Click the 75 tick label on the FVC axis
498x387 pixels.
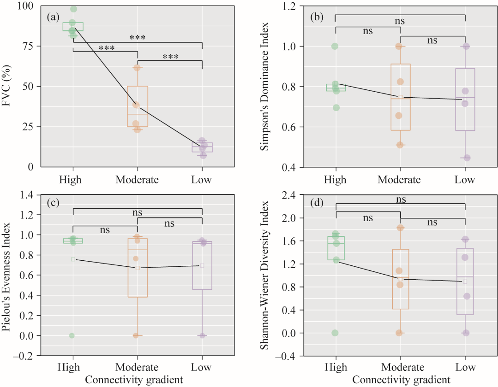coord(28,46)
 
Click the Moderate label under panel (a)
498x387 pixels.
coord(137,179)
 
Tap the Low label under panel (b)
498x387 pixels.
coord(465,179)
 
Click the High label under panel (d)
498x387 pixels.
coord(336,367)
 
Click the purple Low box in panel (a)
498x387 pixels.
coord(202,147)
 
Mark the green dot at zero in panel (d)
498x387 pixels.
coord(336,333)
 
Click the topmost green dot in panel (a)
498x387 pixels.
coord(73,9)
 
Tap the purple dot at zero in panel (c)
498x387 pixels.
coord(202,335)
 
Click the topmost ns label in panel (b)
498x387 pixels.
coord(400,21)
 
